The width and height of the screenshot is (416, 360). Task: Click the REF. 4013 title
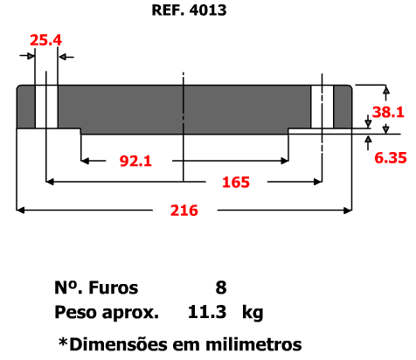[189, 10]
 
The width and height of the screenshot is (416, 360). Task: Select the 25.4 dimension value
[46, 40]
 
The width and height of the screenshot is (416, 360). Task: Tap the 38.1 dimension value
[388, 112]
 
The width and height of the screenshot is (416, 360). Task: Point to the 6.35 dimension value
[391, 158]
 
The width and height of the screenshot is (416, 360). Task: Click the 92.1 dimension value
[135, 161]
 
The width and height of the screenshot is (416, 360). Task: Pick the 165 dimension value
[236, 183]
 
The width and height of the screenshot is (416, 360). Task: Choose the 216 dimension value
[184, 211]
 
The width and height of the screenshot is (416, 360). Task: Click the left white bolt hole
[46, 107]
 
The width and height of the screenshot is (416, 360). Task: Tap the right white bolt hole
[322, 107]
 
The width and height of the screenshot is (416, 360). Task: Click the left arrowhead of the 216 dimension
[20, 210]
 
